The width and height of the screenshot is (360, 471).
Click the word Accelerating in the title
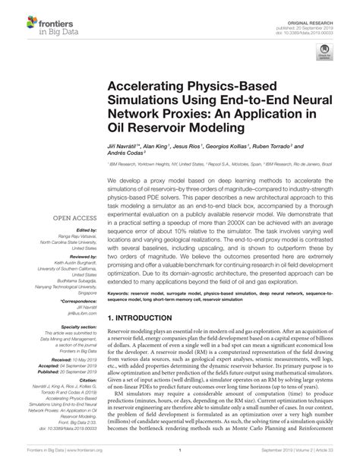coord(157,88)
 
